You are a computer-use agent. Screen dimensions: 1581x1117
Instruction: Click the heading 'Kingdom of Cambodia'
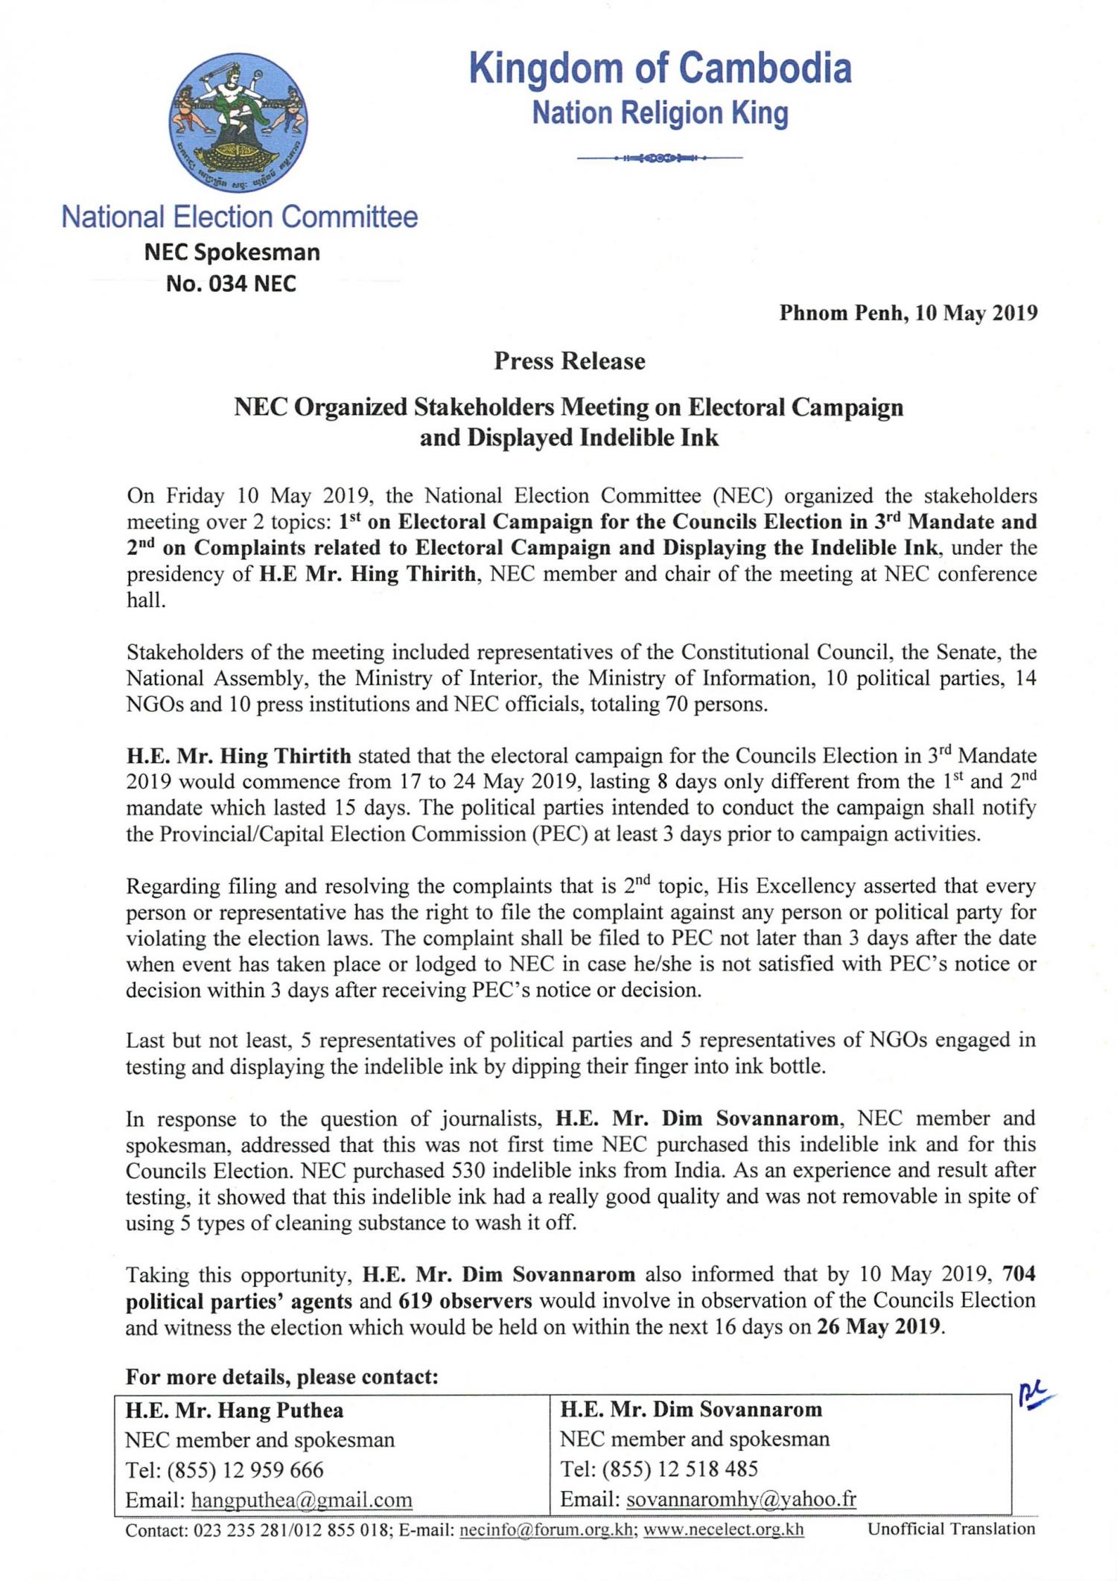coord(660,69)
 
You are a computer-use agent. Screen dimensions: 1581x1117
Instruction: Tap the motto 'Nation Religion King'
coord(660,113)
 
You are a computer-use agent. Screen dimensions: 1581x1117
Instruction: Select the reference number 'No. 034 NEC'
coord(231,284)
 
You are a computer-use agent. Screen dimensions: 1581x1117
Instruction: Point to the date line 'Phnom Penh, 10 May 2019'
coord(908,313)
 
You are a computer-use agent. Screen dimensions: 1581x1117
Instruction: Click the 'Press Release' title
coord(569,362)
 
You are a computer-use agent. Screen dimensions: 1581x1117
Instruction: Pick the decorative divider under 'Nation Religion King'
coord(660,158)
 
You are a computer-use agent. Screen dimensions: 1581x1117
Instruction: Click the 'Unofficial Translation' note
coord(951,1529)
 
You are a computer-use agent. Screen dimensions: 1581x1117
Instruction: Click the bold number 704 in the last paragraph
coord(1019,1274)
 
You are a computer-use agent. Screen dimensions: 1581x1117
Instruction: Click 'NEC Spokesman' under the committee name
coord(232,252)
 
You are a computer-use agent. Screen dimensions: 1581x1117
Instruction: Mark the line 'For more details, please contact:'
coord(281,1376)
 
